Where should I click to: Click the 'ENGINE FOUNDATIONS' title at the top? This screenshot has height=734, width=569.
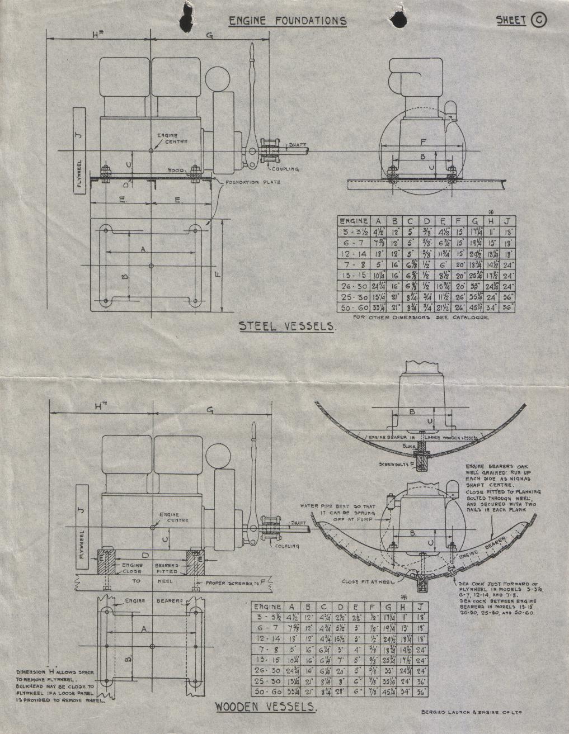click(288, 21)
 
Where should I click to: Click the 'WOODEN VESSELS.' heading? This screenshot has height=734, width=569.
click(266, 707)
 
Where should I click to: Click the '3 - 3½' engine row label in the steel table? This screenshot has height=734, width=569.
click(354, 233)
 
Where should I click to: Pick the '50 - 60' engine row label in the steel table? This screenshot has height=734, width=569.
click(354, 308)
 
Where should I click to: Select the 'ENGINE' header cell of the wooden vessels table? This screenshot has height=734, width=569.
click(267, 607)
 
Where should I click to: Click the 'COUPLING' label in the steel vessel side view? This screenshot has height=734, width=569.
click(285, 169)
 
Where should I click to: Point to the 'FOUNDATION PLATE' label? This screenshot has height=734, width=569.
click(250, 182)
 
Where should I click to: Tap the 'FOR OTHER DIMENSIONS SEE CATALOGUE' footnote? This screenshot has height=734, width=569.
click(421, 318)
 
